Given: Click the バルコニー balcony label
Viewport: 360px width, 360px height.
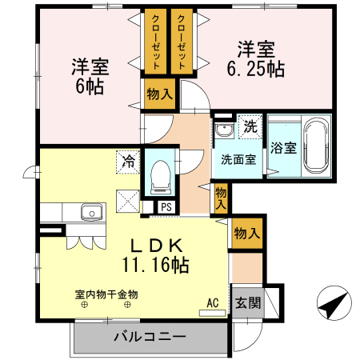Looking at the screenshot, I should (149, 336).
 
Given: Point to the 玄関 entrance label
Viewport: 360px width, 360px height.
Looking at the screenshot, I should (247, 303).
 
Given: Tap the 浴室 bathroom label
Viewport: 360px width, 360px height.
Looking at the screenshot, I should (283, 148).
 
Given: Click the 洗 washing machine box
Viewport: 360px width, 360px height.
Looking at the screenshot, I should (250, 126).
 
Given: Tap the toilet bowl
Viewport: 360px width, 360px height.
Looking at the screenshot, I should (160, 174).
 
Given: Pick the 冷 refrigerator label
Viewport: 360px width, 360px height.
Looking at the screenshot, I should (128, 160).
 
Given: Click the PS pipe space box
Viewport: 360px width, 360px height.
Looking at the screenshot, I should (166, 206).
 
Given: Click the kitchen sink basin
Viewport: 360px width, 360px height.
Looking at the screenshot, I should (90, 213).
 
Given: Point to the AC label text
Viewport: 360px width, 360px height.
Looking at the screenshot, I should (212, 302).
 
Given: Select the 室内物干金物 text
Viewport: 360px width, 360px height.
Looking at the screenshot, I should (101, 294).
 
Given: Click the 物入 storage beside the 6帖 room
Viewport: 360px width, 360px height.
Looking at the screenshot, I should (159, 94).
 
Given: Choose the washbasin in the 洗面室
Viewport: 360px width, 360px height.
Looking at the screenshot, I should (222, 130).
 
